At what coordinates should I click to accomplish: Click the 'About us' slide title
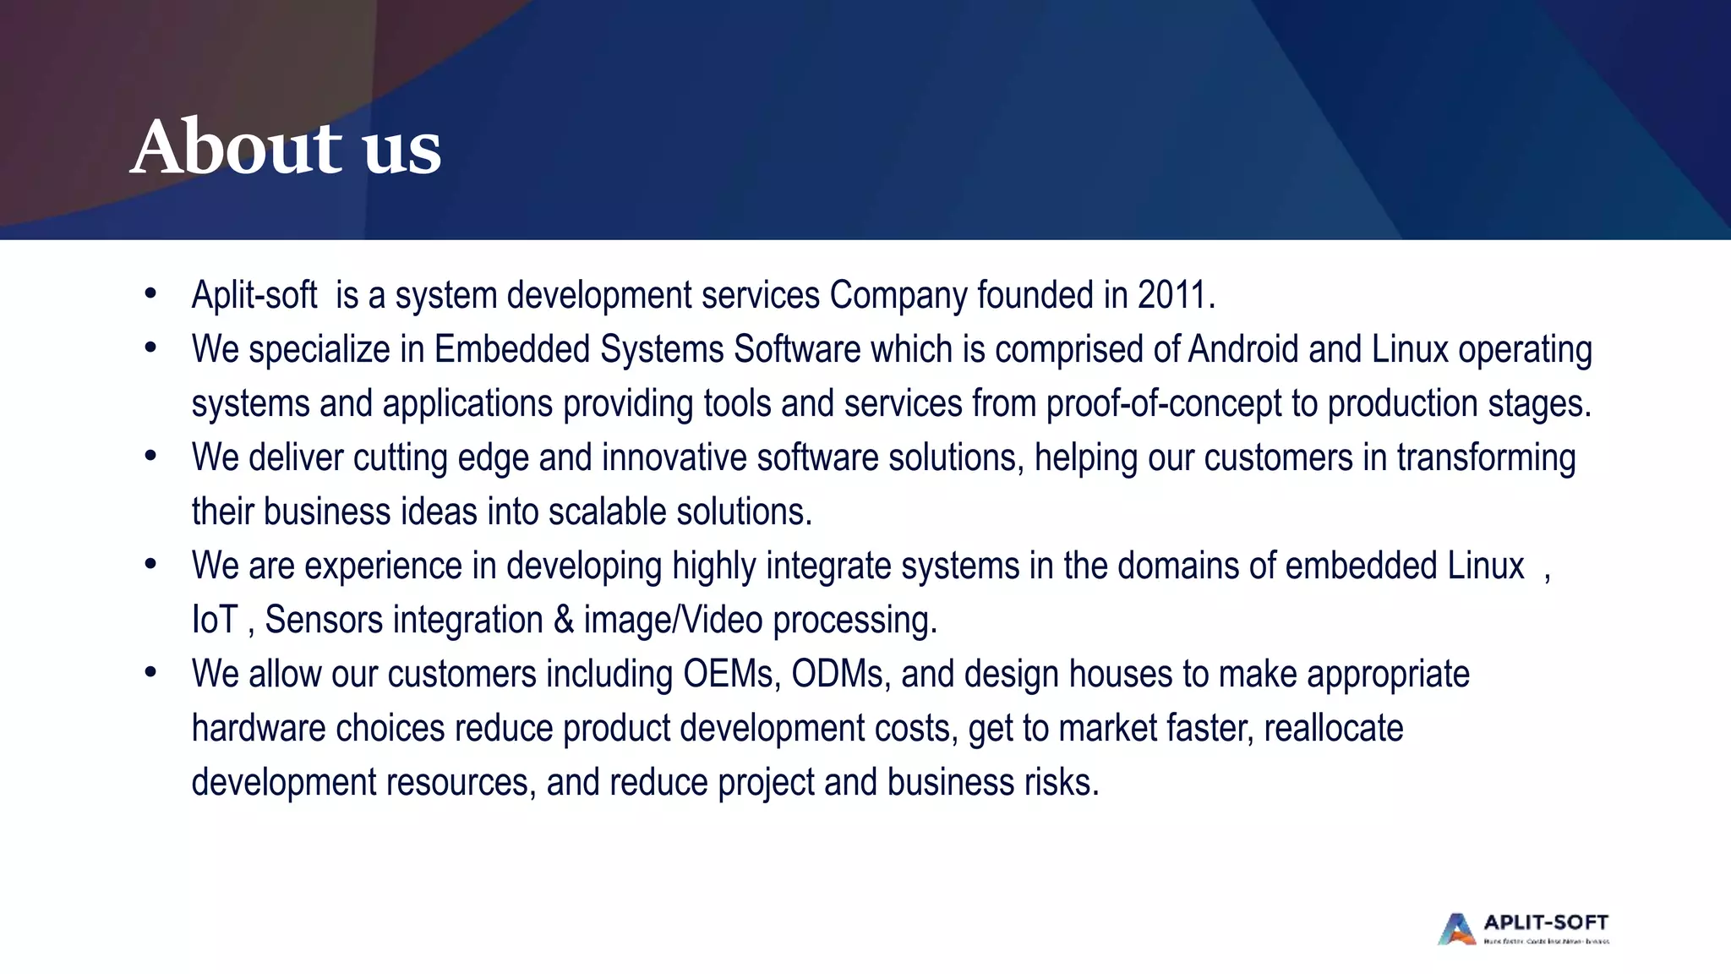pyautogui.click(x=286, y=147)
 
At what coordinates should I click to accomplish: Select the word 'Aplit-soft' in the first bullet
pyautogui.click(x=254, y=295)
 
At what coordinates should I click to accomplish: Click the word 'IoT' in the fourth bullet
pyautogui.click(x=215, y=620)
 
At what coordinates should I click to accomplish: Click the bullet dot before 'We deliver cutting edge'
pyautogui.click(x=150, y=457)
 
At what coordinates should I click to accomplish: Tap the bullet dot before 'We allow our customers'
pyautogui.click(x=150, y=673)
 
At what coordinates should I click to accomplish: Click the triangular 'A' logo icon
pyautogui.click(x=1456, y=928)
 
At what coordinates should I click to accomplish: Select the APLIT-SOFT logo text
pyautogui.click(x=1546, y=922)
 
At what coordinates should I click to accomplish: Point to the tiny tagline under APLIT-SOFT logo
pyautogui.click(x=1546, y=941)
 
